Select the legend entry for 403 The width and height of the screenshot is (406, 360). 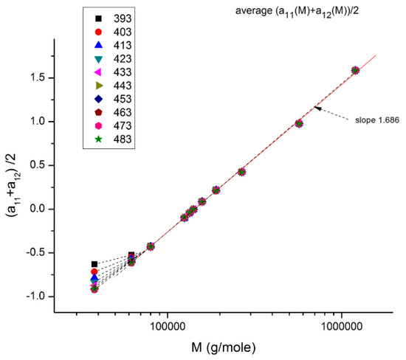point(106,32)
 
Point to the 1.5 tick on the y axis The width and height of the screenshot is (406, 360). point(43,77)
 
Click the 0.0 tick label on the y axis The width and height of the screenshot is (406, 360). point(43,209)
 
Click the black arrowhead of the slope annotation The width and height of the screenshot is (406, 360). point(317,108)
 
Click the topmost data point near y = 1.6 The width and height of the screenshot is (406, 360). point(355,70)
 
